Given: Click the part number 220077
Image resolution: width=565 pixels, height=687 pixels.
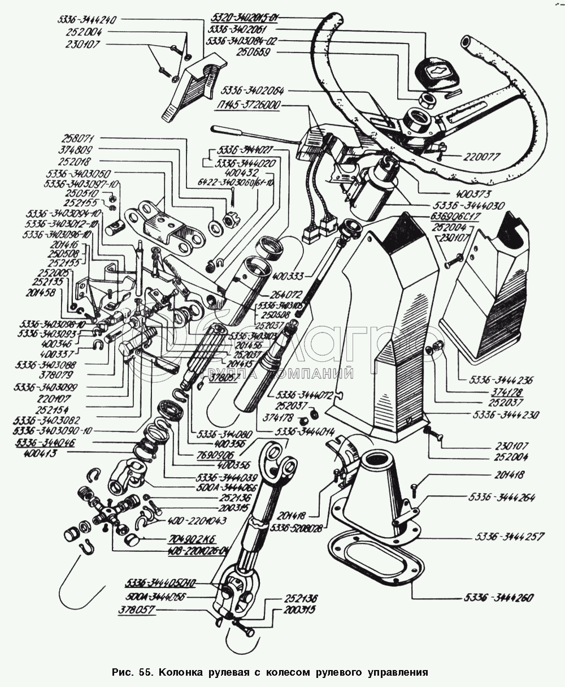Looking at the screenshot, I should coord(484,157).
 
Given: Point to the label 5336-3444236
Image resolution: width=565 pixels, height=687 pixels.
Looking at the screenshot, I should coord(496,381).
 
